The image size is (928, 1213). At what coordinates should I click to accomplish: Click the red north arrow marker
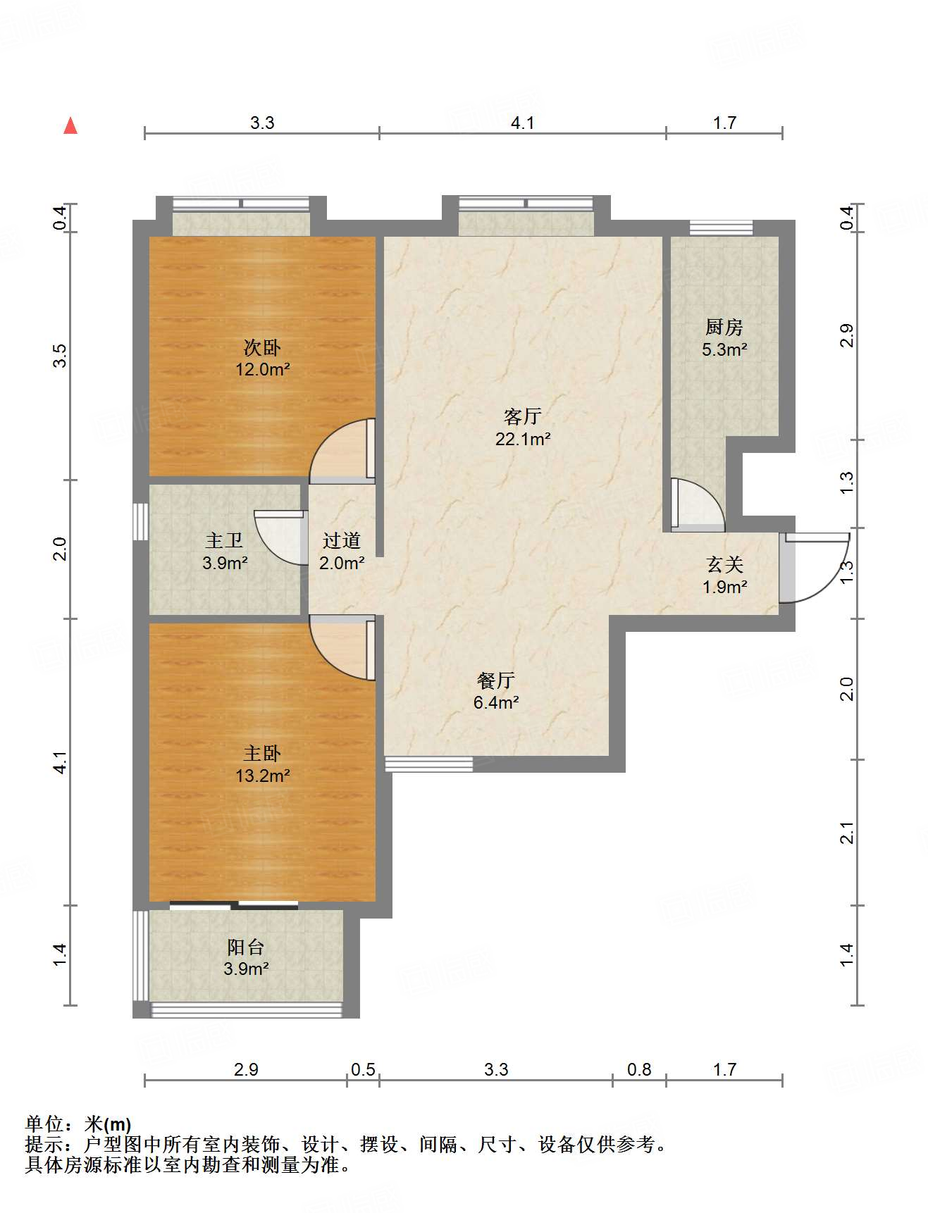tap(70, 125)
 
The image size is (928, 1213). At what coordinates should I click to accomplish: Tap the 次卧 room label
tap(262, 347)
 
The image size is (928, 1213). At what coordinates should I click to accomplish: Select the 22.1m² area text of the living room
tap(522, 439)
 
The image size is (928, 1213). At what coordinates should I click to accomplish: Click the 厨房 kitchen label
tap(724, 328)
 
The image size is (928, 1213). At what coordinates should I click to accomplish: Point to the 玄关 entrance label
tap(725, 565)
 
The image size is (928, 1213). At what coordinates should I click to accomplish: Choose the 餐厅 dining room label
tap(496, 680)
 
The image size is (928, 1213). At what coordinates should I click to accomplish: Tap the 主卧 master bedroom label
tap(262, 754)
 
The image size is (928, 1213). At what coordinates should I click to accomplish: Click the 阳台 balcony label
tap(246, 947)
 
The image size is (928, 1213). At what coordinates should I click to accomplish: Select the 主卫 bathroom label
tap(225, 541)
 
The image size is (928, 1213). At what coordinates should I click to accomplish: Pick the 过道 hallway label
tap(342, 541)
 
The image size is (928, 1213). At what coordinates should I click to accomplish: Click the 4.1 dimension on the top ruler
tap(522, 123)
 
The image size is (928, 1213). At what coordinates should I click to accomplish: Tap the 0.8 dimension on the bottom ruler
tap(639, 1070)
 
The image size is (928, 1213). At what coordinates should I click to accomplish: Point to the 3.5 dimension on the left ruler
tap(61, 355)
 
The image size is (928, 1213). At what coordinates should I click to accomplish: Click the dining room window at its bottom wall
tap(428, 764)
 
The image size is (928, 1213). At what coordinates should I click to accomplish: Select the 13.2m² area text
tap(263, 776)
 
